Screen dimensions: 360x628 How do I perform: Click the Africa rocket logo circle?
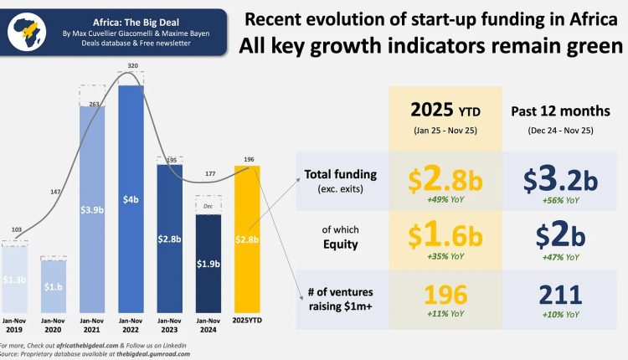click(28, 31)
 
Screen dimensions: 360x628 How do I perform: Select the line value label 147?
click(54, 192)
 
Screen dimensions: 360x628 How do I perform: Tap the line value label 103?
click(15, 228)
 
